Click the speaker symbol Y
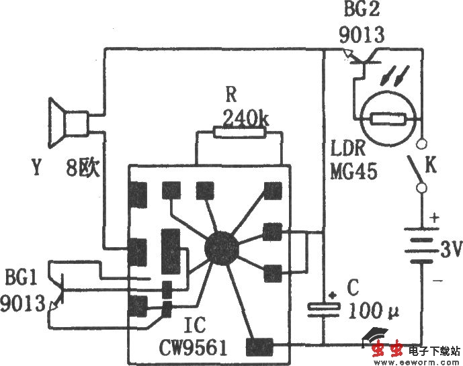69,123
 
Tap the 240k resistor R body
239,132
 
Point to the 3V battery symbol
421,244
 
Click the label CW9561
193,348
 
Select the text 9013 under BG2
362,35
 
